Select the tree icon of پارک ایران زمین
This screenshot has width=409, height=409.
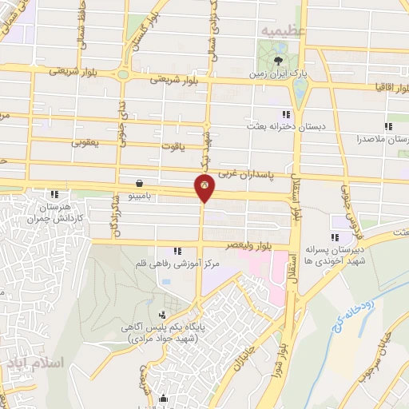[279, 61]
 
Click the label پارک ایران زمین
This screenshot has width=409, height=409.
[279, 73]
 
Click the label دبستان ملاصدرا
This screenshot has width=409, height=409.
[383, 138]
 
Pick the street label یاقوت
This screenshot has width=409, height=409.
[172, 146]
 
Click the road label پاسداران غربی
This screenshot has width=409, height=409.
[259, 172]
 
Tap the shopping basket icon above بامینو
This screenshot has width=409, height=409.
[141, 182]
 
